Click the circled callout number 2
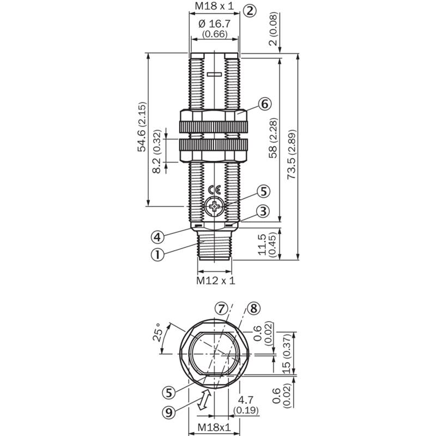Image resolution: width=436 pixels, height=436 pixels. coord(250,11)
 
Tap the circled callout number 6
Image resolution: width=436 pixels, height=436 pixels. coord(264,104)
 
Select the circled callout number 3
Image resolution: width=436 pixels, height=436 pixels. coord(263,211)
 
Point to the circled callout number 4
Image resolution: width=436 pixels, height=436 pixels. coord(158,237)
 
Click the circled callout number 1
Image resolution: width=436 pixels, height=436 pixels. coord(158,255)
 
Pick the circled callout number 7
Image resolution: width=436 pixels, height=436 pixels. coord(221,308)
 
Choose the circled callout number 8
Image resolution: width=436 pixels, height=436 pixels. coord(253,308)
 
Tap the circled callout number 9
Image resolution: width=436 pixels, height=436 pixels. coord(169,413)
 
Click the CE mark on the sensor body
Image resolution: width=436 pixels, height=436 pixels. coord(214,190)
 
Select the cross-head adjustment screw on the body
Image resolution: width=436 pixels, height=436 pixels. coord(214,207)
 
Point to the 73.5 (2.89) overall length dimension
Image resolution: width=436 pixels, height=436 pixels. coord(292,154)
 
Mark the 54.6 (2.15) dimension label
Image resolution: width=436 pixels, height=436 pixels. coord(142,127)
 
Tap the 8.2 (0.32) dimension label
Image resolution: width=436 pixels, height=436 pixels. coord(157,152)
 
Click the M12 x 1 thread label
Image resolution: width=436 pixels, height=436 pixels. coord(215,280)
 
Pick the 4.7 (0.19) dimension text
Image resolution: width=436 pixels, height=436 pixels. coord(246,405)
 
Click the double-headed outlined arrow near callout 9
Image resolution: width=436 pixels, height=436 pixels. coord(203,399)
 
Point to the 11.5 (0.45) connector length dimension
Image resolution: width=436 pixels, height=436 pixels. coord(267,244)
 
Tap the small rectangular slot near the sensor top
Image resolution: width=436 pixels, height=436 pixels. coord(214,74)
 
